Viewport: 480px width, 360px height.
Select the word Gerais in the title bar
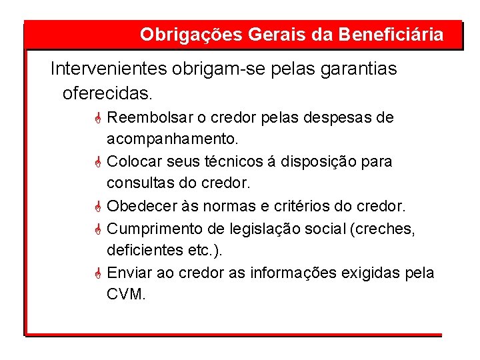click(261, 35)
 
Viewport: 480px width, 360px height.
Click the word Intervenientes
click(109, 69)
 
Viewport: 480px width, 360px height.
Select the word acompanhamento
click(171, 140)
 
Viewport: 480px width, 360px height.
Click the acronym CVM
click(125, 294)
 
